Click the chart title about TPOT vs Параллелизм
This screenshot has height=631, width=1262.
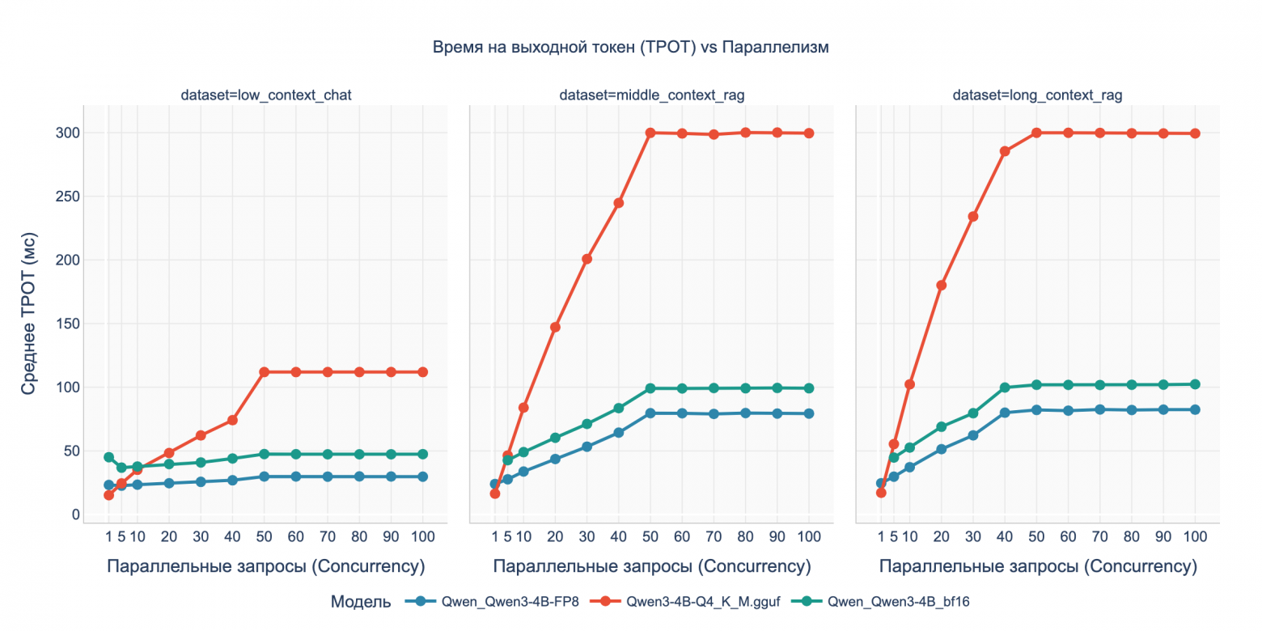(631, 48)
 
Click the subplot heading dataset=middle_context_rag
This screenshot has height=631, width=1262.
(651, 95)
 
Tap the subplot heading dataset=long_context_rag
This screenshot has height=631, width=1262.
(1037, 95)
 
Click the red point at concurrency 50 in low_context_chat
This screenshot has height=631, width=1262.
(264, 372)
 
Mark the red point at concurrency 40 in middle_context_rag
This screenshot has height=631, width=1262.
(618, 203)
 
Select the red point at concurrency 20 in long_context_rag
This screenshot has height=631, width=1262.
(941, 286)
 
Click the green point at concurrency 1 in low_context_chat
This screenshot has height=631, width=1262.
(108, 457)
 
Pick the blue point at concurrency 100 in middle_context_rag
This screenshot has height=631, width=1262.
(808, 413)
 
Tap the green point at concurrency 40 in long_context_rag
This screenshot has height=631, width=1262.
(1005, 387)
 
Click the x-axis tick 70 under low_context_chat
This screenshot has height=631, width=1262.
(327, 536)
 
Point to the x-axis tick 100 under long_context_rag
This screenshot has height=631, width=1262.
(1195, 536)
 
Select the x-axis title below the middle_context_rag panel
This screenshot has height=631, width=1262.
(651, 566)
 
